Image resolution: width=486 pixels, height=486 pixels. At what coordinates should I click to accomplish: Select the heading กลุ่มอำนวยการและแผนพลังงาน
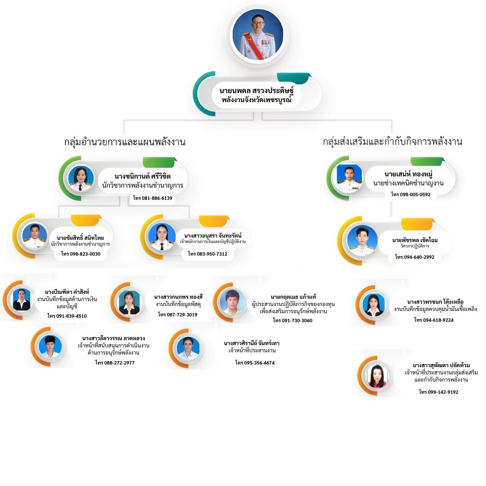125,142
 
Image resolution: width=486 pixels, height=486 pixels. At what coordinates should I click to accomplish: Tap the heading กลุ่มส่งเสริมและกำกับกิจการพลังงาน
392,142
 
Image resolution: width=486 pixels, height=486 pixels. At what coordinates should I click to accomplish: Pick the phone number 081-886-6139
153,198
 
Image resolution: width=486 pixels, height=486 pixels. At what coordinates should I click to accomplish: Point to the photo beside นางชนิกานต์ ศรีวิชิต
81,178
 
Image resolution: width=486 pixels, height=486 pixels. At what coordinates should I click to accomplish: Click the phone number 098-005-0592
410,194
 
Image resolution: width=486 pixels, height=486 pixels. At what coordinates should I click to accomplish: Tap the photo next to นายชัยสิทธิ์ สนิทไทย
35,236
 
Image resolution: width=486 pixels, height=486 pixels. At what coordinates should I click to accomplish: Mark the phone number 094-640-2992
414,257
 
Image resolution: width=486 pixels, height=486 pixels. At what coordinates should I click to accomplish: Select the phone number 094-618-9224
434,320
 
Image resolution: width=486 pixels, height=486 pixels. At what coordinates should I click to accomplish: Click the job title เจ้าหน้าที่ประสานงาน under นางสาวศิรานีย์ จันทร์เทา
252,351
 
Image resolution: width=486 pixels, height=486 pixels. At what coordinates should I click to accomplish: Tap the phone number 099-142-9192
438,392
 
